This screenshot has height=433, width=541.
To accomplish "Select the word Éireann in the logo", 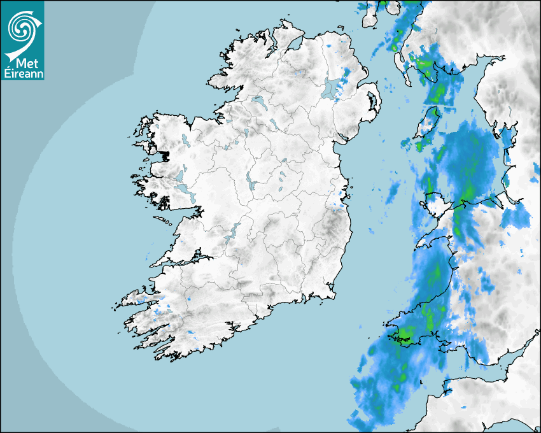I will click(x=23, y=73).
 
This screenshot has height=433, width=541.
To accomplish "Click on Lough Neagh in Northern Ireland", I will click(x=330, y=89).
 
